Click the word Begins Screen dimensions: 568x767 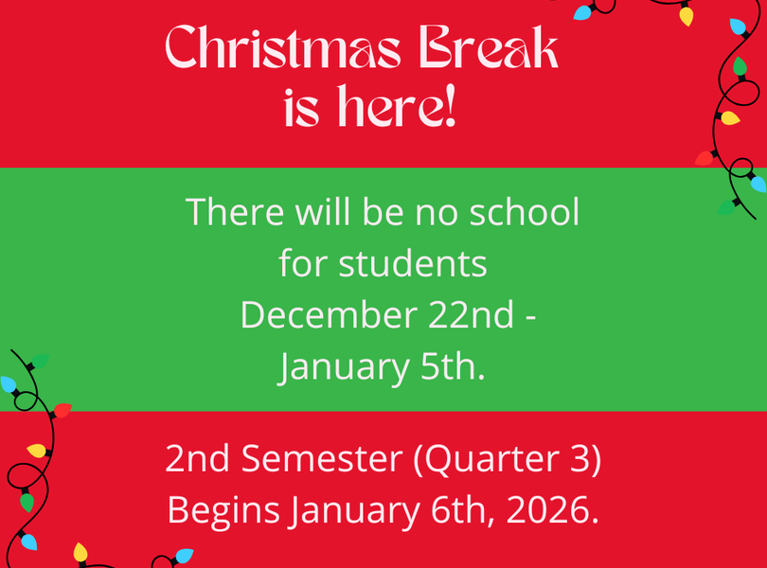click(223, 512)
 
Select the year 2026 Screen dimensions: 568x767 click(553, 512)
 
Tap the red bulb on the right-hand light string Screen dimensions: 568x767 click(704, 158)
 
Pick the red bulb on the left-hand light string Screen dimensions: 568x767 click(62, 410)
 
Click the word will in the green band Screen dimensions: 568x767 click(319, 212)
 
